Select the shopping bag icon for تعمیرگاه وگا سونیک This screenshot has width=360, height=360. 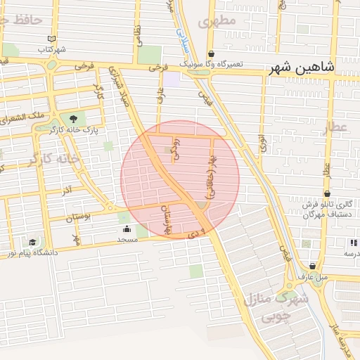(211, 53)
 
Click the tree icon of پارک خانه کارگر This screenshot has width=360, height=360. (72, 119)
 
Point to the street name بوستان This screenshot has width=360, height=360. (79, 219)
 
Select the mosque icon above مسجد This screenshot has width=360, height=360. (127, 229)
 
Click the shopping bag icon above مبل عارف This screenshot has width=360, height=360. (312, 266)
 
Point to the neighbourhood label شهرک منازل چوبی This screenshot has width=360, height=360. (275, 307)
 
